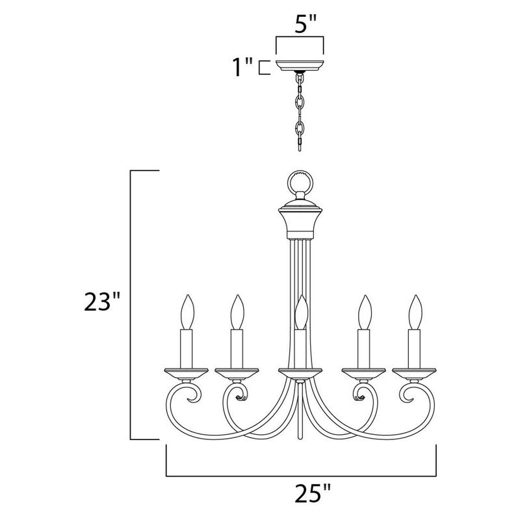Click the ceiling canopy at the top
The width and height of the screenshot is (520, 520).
[300, 66]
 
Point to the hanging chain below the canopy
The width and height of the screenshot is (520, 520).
[300, 110]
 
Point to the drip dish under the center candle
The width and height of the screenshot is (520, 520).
[300, 373]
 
